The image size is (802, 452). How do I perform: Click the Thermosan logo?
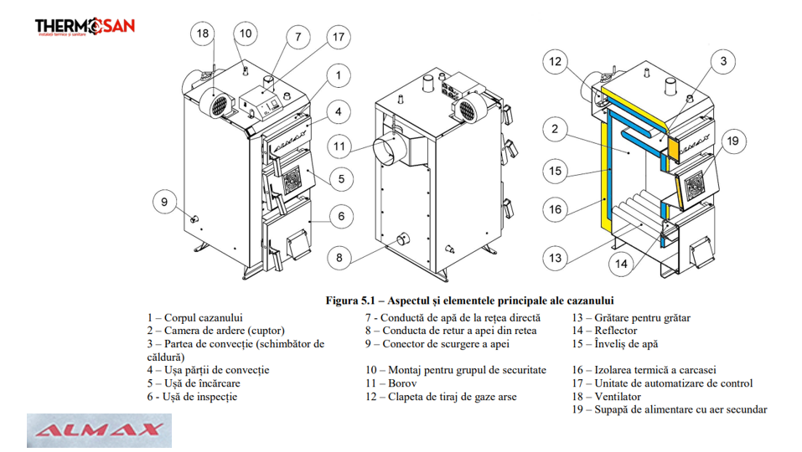(85, 27)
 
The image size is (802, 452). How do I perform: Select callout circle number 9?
(164, 201)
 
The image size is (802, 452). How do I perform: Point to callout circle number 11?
(339, 146)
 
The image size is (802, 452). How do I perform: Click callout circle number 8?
(339, 258)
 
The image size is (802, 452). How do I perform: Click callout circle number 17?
(338, 38)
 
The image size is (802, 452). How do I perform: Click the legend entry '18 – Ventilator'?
(607, 397)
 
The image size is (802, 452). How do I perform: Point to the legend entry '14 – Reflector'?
(604, 331)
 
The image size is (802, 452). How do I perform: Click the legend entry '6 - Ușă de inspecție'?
(192, 397)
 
